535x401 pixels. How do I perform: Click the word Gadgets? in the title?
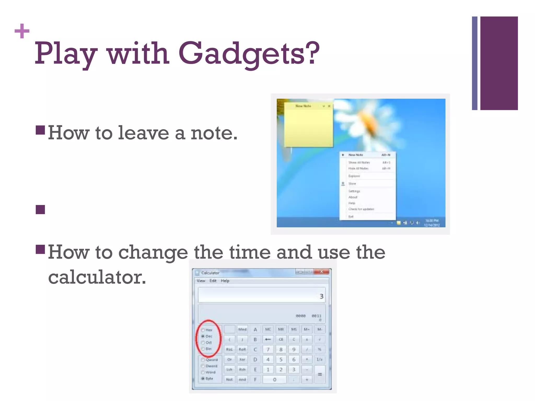point(249,54)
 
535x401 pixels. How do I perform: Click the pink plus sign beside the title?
point(22,31)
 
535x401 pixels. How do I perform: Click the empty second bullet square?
point(40,209)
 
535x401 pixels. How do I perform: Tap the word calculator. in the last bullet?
point(97,277)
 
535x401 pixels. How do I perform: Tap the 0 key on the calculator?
point(275,380)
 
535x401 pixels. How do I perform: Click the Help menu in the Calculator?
point(225,281)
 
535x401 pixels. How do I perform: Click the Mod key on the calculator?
point(242,329)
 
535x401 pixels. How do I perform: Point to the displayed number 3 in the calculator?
point(321,296)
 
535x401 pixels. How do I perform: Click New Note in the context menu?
point(356,155)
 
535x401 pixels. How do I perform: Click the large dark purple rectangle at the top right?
point(499,63)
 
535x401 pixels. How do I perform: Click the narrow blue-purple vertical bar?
point(474,63)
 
